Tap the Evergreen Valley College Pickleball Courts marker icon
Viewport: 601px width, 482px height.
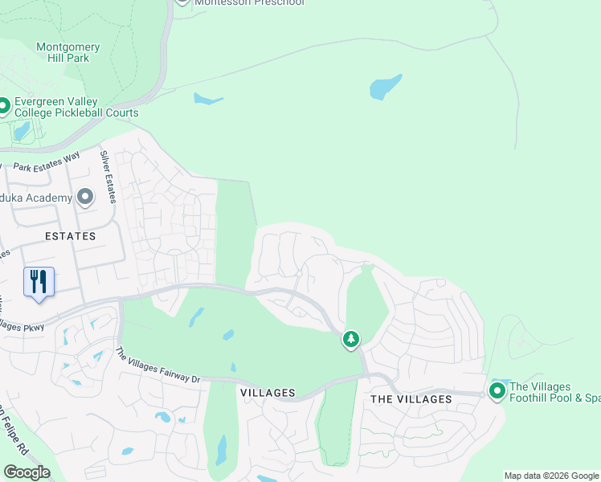3,106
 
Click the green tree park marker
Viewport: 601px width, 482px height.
350,340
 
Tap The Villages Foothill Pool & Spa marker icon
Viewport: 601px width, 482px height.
497,391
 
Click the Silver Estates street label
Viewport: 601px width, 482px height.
107,170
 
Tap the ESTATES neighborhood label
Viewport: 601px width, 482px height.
70,236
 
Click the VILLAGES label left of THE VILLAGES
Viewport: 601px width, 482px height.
268,393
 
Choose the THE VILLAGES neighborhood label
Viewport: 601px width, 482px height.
411,399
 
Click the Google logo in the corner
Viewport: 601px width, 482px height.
27,472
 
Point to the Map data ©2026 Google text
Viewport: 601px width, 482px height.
551,476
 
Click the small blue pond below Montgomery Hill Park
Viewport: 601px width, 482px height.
206,100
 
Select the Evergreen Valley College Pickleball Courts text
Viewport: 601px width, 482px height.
76,108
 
